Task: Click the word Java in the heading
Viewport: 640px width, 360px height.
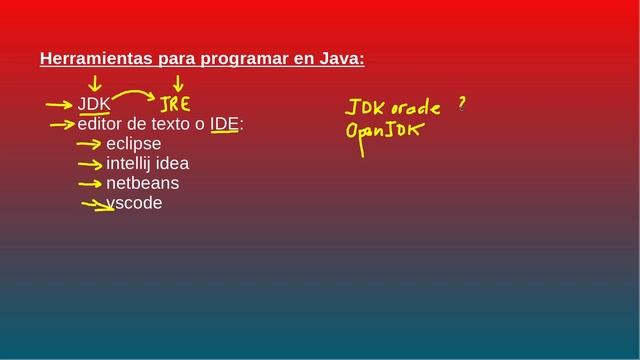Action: (341, 59)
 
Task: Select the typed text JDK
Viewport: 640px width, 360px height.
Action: (94, 104)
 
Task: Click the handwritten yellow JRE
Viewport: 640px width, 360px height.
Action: (175, 104)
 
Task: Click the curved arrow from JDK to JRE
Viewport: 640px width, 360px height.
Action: (135, 97)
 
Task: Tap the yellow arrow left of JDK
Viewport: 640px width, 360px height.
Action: (60, 104)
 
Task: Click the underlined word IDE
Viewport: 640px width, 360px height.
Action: (224, 124)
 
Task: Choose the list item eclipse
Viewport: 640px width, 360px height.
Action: (133, 144)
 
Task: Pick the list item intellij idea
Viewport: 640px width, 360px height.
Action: (147, 163)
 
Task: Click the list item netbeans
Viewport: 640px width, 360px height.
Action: (142, 183)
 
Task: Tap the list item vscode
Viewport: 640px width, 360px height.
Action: (134, 203)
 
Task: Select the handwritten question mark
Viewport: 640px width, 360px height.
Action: (462, 102)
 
